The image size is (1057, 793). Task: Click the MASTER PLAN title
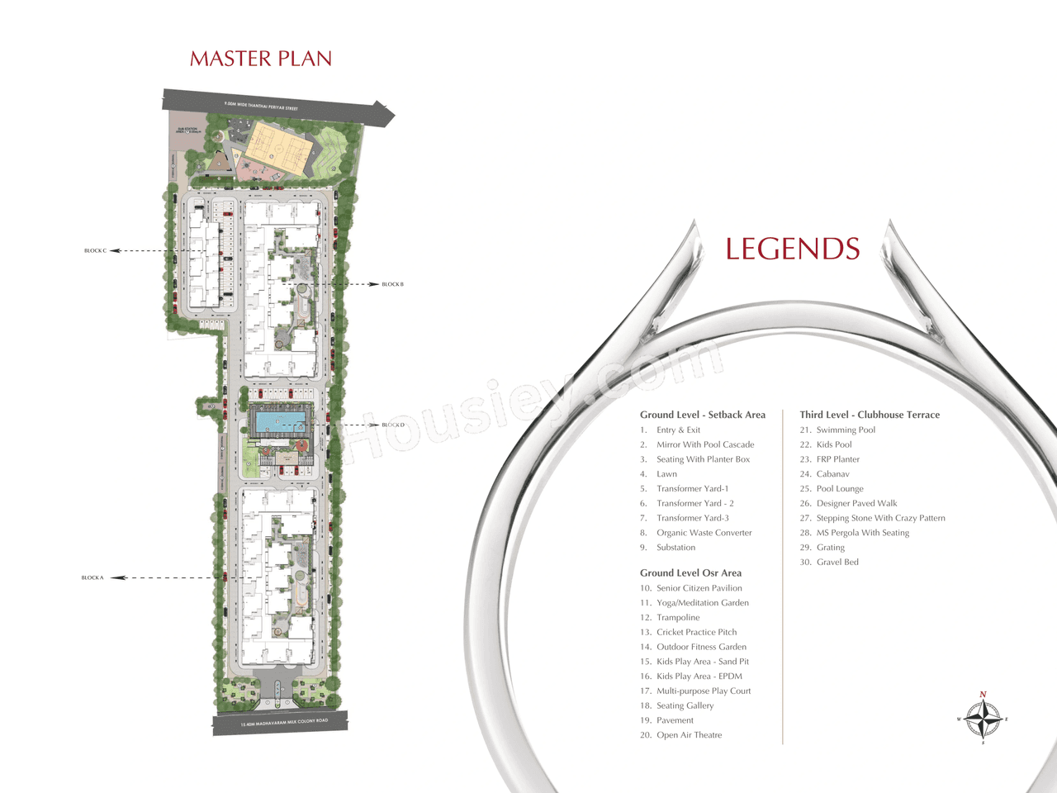(261, 59)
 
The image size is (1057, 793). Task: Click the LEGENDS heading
(793, 249)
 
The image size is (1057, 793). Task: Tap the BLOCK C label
(95, 250)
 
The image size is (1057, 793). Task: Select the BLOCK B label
(392, 284)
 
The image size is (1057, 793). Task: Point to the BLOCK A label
(92, 577)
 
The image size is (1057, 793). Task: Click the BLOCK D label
(393, 425)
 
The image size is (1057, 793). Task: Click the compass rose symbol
(983, 719)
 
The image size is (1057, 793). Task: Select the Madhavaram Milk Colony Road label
(284, 722)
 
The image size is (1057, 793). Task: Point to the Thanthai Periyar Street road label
(261, 106)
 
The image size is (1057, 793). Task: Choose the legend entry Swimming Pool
(846, 430)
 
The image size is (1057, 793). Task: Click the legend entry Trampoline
(678, 617)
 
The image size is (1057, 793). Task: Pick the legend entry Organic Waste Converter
(704, 533)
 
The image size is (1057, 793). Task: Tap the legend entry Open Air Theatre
(689, 734)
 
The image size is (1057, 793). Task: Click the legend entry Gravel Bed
(837, 562)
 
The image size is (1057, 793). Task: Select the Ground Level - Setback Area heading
(702, 415)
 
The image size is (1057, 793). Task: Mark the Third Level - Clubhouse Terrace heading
(870, 415)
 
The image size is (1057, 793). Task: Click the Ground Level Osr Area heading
(690, 572)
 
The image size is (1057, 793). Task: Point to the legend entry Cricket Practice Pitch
(696, 632)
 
